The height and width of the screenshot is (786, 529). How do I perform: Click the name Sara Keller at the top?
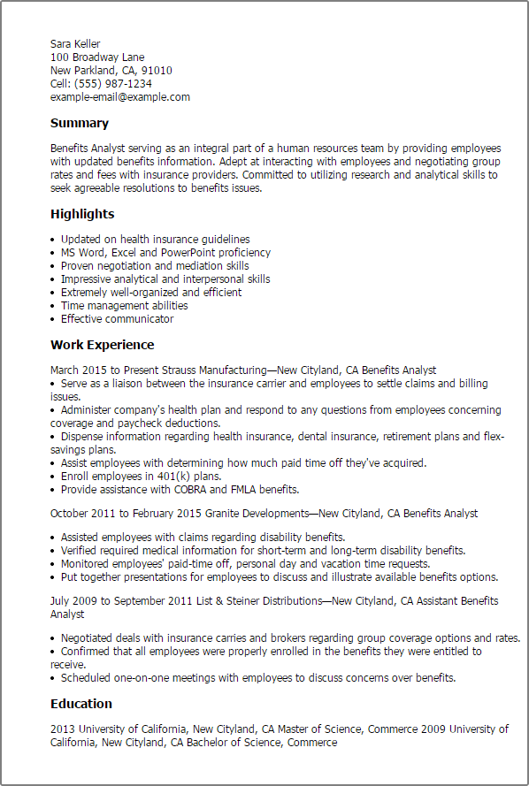(75, 44)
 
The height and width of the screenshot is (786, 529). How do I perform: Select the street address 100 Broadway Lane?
(97, 57)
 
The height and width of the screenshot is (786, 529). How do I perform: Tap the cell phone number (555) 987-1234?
(114, 84)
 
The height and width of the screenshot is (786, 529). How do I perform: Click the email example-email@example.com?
(120, 97)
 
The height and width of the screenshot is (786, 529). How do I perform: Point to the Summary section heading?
(80, 124)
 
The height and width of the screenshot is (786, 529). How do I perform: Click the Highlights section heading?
(82, 214)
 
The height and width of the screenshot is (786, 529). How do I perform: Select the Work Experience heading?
(102, 345)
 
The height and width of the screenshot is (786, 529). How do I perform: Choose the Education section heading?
(81, 704)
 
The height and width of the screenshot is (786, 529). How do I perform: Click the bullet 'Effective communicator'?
(117, 319)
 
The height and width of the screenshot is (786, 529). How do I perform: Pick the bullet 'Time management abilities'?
(124, 306)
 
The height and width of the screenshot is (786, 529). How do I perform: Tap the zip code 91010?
(156, 71)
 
